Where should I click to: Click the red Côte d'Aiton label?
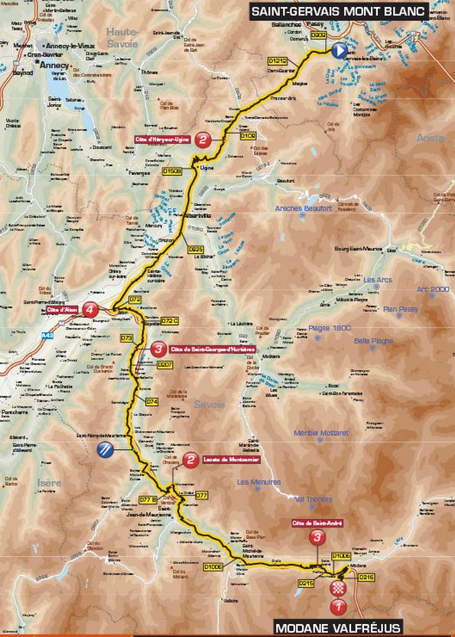coord(64,310)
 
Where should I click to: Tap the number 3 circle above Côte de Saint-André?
coord(317,538)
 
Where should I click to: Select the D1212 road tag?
coord(280,58)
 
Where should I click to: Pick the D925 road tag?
coord(196,249)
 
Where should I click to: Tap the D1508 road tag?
coord(173,172)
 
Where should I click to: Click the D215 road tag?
coord(306,583)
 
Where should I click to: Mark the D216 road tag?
coord(368,577)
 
